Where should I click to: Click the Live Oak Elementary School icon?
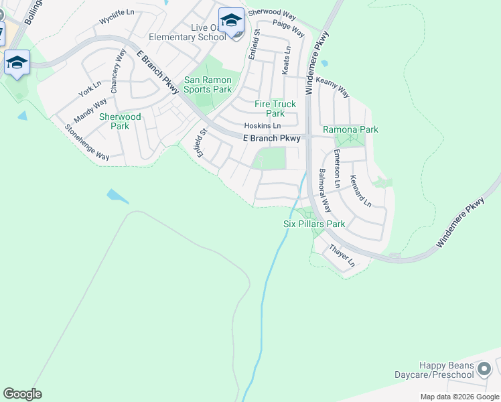click(x=232, y=21)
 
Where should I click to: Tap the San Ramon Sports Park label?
click(x=208, y=84)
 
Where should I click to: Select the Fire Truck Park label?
click(x=275, y=109)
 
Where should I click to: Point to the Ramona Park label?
click(x=350, y=129)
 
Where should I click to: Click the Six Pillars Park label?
click(x=313, y=224)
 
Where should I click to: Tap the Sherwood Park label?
click(x=120, y=121)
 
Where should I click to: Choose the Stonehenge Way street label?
click(x=86, y=142)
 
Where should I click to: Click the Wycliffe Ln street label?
click(x=117, y=21)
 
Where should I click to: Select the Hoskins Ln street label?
click(x=262, y=126)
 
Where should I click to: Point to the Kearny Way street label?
click(x=333, y=87)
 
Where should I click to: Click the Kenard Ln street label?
click(x=360, y=190)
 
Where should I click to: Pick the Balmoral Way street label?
click(x=324, y=190)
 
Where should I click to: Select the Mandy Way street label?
click(x=90, y=111)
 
